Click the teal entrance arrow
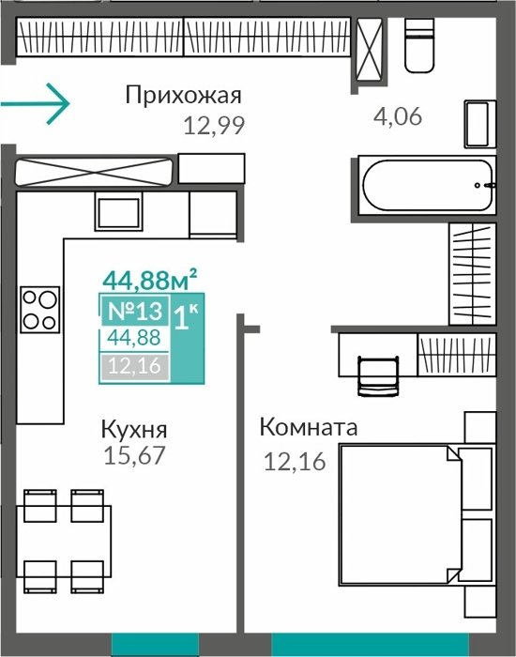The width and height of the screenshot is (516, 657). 36,104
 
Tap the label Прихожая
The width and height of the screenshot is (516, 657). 184,96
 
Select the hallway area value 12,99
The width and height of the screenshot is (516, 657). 214,125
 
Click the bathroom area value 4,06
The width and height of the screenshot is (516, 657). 398,116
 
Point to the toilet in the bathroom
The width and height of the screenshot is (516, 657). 419,45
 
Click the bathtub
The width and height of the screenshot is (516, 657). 427,185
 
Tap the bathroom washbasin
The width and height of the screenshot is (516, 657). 480,124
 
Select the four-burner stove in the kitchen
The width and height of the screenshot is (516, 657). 40,310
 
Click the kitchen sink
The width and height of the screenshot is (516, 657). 119,211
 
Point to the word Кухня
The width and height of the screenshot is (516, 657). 134,430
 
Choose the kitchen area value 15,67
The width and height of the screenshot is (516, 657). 134,456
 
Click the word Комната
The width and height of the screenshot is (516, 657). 309,427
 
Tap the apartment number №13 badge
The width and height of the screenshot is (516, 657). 134,311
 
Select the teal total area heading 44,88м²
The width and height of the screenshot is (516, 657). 149,280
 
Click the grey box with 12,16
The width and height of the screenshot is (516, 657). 134,367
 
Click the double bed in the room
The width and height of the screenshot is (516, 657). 417,514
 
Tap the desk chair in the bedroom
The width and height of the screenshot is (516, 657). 378,375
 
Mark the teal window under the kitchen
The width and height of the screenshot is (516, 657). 155,645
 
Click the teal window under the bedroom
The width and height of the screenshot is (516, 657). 370,645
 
